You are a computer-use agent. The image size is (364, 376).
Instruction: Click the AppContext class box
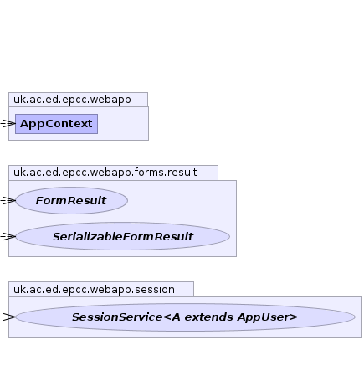(56, 124)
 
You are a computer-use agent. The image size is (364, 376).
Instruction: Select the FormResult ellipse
(72, 200)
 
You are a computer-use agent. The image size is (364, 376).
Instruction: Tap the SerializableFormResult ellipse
(123, 236)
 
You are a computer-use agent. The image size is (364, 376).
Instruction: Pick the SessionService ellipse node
(185, 317)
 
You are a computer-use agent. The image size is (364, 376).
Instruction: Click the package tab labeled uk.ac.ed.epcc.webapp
(78, 100)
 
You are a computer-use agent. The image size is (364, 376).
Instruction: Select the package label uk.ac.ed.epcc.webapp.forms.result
(105, 173)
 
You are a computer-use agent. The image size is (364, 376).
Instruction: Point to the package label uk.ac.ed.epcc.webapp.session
(94, 289)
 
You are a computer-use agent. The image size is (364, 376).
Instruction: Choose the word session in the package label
(155, 290)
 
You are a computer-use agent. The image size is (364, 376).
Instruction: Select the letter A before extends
(176, 317)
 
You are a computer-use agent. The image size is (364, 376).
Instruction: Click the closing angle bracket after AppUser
(295, 317)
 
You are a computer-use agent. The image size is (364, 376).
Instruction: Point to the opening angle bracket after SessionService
(167, 317)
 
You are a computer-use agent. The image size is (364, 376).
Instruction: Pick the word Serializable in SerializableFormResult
(87, 237)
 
